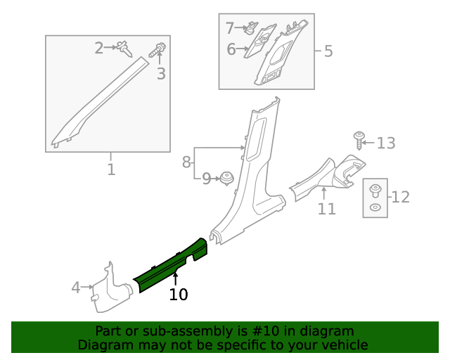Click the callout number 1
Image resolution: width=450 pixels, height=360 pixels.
[x=111, y=169]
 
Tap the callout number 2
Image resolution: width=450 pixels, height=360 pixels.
[x=99, y=48]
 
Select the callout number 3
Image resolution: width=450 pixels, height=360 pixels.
[x=161, y=74]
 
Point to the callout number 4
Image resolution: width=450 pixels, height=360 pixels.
[x=76, y=287]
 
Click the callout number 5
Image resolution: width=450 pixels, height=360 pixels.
[x=328, y=51]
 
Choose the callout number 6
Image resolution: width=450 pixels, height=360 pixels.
[x=231, y=49]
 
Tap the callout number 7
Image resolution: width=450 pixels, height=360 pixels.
[x=230, y=29]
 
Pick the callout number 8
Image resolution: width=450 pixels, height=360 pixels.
[x=186, y=162]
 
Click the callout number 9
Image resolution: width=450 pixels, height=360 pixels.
[x=207, y=179]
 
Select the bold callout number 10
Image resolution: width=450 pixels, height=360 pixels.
[x=179, y=295]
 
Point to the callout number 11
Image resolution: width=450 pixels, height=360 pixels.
[x=326, y=209]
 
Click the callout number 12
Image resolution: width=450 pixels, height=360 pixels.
[x=400, y=197]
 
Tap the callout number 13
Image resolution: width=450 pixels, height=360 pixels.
[x=386, y=143]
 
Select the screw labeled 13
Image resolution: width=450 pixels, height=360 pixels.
[x=359, y=140]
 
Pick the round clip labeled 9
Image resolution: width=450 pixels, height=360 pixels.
[x=226, y=178]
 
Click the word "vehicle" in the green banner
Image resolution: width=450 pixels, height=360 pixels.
[x=343, y=345]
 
